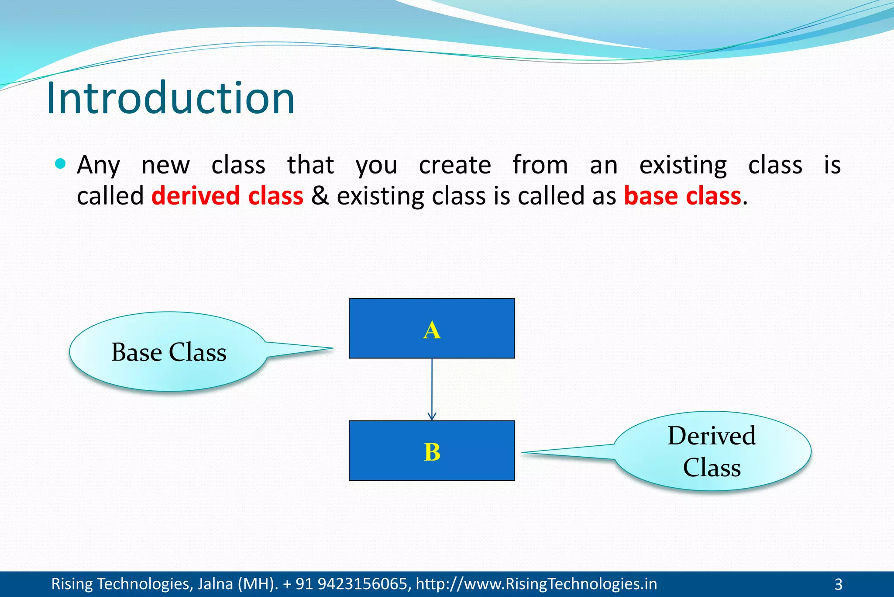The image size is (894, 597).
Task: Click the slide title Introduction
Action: tap(170, 98)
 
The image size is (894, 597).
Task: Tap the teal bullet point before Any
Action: tap(61, 164)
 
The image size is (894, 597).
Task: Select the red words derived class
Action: tap(227, 196)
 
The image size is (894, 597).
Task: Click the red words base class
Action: tap(682, 196)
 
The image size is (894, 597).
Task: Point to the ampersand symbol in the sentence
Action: tap(320, 196)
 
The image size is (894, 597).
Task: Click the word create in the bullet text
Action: tap(455, 165)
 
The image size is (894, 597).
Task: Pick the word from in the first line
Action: tap(540, 165)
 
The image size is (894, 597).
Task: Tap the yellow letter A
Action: tap(432, 330)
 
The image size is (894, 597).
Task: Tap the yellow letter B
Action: tap(432, 452)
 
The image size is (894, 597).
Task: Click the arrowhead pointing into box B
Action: tap(432, 417)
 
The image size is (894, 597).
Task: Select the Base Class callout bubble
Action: tap(168, 352)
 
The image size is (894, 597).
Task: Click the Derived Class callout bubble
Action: tap(712, 451)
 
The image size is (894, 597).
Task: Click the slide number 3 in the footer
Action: tap(838, 584)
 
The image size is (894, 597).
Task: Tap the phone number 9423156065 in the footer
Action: tap(364, 584)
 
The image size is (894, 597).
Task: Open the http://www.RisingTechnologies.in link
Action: tap(536, 584)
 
